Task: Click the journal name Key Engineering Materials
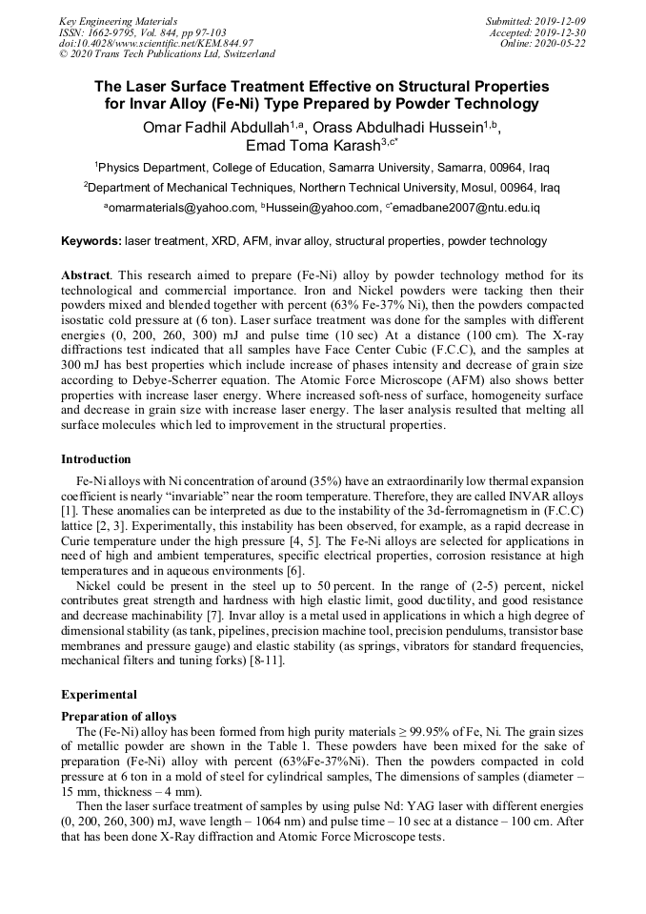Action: pyautogui.click(x=118, y=20)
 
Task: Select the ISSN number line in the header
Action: pyautogui.click(x=142, y=31)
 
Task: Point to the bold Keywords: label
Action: pyautogui.click(x=91, y=242)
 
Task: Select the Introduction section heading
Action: pyautogui.click(x=96, y=459)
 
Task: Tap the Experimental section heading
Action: pyautogui.click(x=99, y=695)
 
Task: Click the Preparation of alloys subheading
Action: pyautogui.click(x=119, y=716)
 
